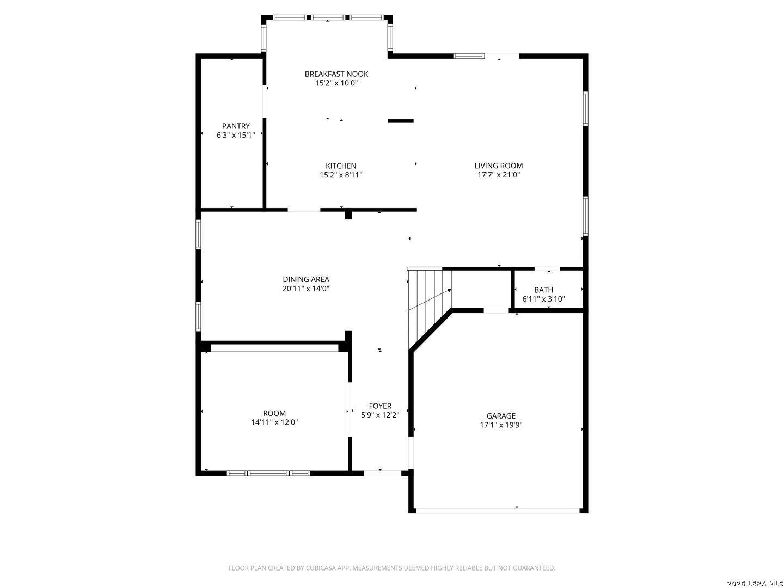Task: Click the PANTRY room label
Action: (236, 126)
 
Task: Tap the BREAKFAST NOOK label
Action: (336, 74)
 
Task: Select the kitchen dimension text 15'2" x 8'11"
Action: (341, 175)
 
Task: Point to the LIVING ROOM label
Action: (498, 166)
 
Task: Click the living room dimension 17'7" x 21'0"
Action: (498, 175)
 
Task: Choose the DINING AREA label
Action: (306, 279)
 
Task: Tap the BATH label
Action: (543, 290)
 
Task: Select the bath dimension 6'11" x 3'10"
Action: (543, 299)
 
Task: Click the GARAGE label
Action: (501, 415)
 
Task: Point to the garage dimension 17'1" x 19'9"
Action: (501, 425)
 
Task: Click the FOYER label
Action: (380, 406)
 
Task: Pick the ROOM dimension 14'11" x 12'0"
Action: (274, 422)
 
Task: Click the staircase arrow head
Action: (449, 290)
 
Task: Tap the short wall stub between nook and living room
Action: (400, 121)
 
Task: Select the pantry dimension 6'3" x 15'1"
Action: (236, 136)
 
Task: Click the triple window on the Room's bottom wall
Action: (268, 474)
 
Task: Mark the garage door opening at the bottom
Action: (498, 511)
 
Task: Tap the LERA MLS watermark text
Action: (764, 583)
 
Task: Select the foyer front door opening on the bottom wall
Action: (382, 474)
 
